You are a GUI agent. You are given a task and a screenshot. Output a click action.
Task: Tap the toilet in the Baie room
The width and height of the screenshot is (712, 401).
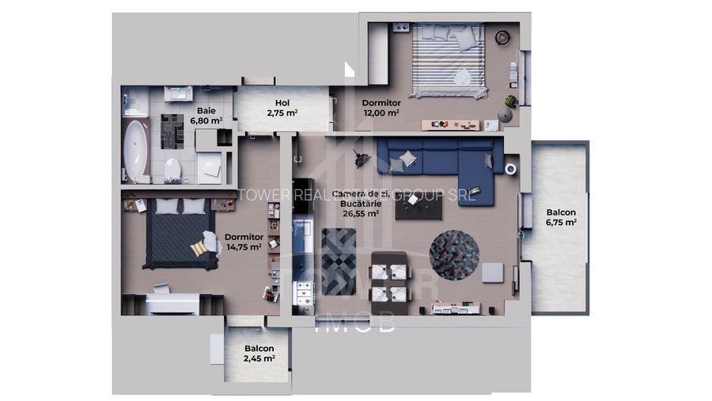(172, 169)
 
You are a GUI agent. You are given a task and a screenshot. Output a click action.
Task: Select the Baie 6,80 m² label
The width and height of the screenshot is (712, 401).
(209, 116)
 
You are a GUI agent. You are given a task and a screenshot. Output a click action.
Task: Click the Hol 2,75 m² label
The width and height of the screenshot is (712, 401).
(282, 108)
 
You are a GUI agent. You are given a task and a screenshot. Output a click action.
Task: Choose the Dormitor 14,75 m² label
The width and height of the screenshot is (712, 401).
(244, 242)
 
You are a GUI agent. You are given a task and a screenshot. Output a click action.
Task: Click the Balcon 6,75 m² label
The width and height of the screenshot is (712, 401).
(560, 218)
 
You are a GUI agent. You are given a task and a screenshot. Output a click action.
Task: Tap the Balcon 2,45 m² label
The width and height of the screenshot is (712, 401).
(259, 353)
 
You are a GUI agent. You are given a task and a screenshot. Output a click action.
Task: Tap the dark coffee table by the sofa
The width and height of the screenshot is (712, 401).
(420, 207)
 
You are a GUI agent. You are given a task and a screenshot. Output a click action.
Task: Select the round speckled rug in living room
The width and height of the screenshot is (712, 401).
(454, 253)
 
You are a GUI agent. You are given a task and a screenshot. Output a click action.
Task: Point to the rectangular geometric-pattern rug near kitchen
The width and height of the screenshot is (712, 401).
(339, 261)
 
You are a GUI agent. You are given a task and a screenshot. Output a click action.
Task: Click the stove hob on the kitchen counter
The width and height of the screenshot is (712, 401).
(302, 293)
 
